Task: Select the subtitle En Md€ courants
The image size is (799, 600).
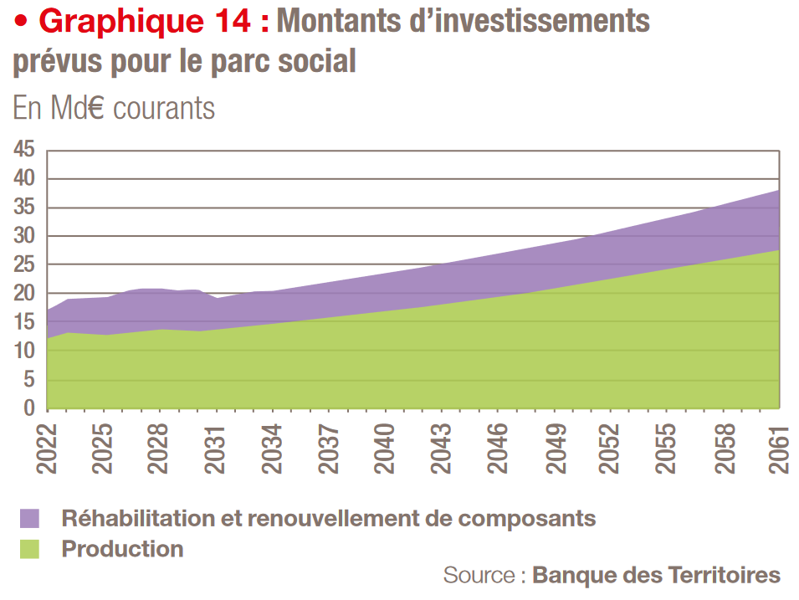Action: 114,108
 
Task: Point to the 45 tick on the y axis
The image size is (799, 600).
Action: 23,151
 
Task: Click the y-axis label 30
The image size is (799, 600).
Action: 23,237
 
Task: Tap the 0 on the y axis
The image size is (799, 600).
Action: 29,408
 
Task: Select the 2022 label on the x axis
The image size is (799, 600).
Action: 47,449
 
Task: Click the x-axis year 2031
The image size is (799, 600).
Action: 216,449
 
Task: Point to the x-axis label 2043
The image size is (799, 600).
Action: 442,449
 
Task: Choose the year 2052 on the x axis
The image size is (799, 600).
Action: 611,449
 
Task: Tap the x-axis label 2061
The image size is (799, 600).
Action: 779,449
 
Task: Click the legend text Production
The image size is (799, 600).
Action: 122,549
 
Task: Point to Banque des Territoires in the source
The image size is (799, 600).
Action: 656,576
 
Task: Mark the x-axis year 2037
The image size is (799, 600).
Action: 329,449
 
